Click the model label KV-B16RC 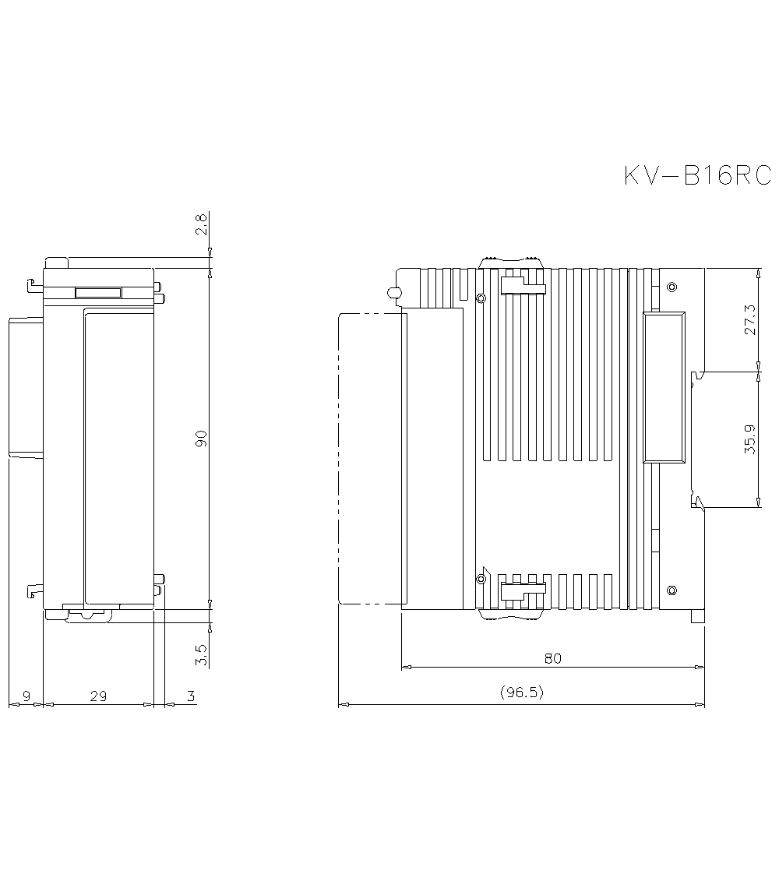(696, 175)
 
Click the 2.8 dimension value (201, 225)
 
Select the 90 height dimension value (201, 438)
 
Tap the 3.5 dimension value (201, 654)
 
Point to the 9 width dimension (26, 696)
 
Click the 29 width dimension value (98, 696)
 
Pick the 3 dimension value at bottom (189, 696)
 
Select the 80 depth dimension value (552, 658)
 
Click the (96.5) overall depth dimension (521, 693)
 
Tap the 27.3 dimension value (749, 319)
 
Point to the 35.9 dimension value (749, 439)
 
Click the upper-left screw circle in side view (480, 299)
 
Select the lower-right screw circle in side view (672, 589)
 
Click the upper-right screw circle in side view (672, 286)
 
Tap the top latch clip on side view (511, 261)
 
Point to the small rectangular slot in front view (97, 293)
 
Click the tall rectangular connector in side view (663, 387)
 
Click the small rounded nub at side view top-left (394, 293)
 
